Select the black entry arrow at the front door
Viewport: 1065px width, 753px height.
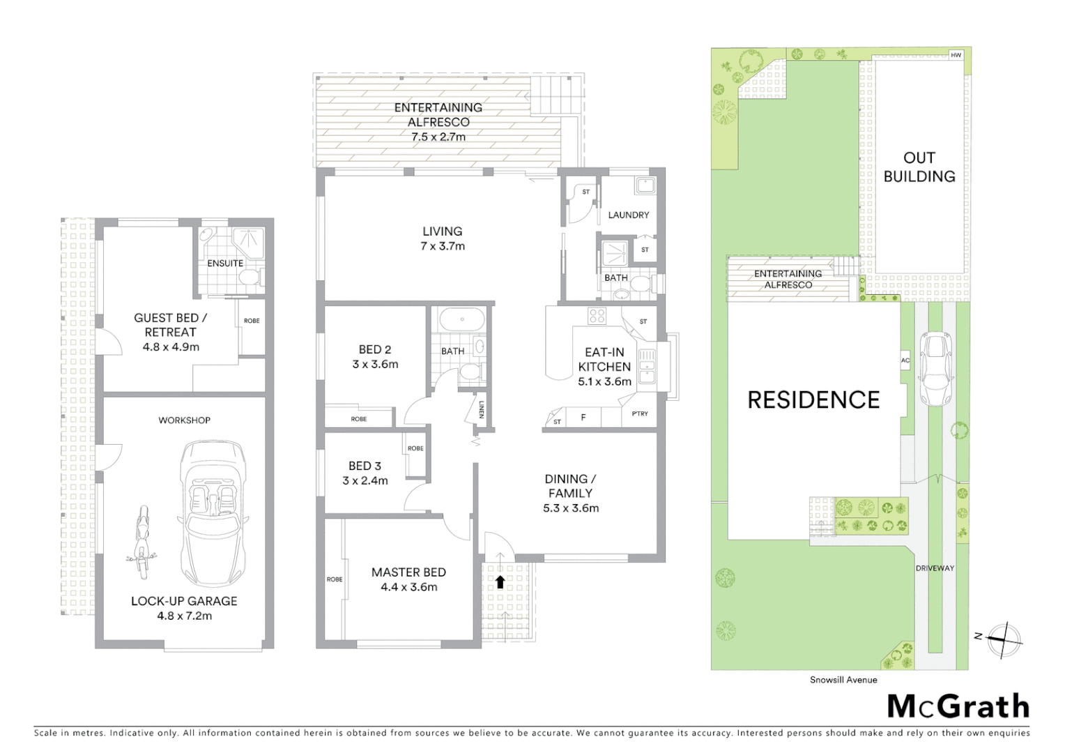pyautogui.click(x=500, y=581)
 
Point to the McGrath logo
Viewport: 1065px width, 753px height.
pyautogui.click(x=958, y=706)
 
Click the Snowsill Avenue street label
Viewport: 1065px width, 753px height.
pyautogui.click(x=843, y=680)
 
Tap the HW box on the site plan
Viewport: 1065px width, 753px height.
pyautogui.click(x=956, y=55)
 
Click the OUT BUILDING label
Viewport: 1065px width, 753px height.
pyautogui.click(x=919, y=167)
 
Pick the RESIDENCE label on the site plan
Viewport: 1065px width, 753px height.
pyautogui.click(x=813, y=400)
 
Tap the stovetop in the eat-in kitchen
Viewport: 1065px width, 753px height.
pyautogui.click(x=597, y=316)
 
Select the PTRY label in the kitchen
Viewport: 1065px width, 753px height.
pyautogui.click(x=639, y=413)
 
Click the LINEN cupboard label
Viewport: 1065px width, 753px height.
pyautogui.click(x=481, y=411)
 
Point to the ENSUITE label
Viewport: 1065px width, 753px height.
pyautogui.click(x=225, y=264)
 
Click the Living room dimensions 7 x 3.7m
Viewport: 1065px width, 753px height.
pyautogui.click(x=442, y=246)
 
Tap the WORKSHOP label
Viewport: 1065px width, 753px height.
pyautogui.click(x=184, y=420)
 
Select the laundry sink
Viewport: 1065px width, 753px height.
pyautogui.click(x=644, y=185)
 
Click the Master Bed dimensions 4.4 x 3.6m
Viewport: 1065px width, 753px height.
pyautogui.click(x=408, y=587)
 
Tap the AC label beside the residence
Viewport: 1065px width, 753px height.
pyautogui.click(x=905, y=360)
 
